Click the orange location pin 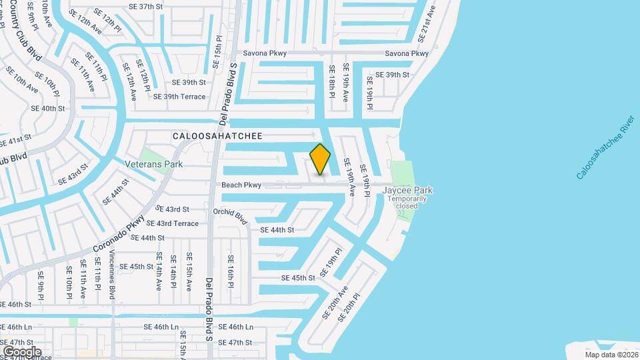pyautogui.click(x=320, y=159)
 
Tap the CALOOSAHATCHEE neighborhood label pyautogui.click(x=217, y=136)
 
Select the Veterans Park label pyautogui.click(x=153, y=163)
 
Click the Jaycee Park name pyautogui.click(x=407, y=190)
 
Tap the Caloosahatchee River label pyautogui.click(x=605, y=150)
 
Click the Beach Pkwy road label pyautogui.click(x=241, y=185)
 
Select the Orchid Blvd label pyautogui.click(x=231, y=216)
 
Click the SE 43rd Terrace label pyautogui.click(x=173, y=223)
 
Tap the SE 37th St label pyautogui.click(x=146, y=6)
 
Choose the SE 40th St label pyautogui.click(x=48, y=108)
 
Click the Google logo pyautogui.click(x=21, y=351)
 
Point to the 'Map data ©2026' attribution pyautogui.click(x=610, y=355)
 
